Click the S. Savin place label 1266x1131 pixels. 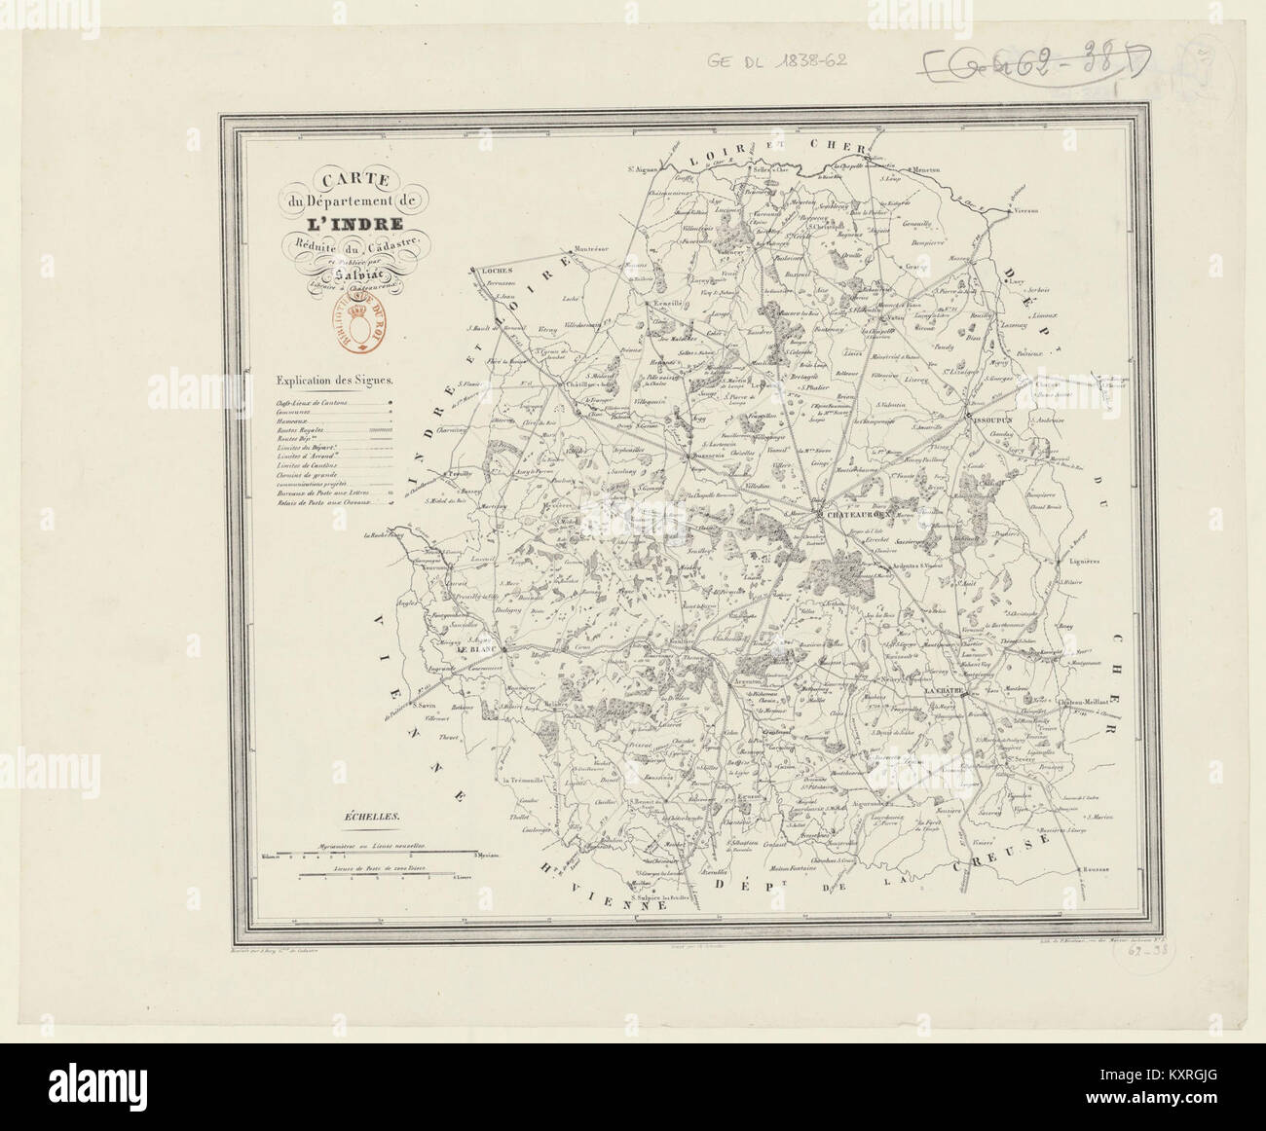[x=421, y=706]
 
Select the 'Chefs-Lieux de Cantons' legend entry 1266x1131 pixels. [x=312, y=400]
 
